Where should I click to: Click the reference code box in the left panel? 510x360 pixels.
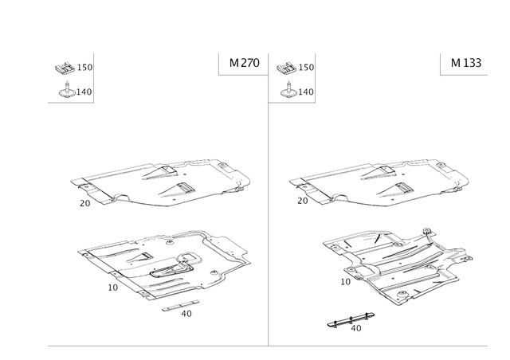[239, 65]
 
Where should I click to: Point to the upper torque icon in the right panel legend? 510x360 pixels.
[282, 68]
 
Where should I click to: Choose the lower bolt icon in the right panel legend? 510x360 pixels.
[284, 92]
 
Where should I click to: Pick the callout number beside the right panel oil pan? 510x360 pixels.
[343, 280]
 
